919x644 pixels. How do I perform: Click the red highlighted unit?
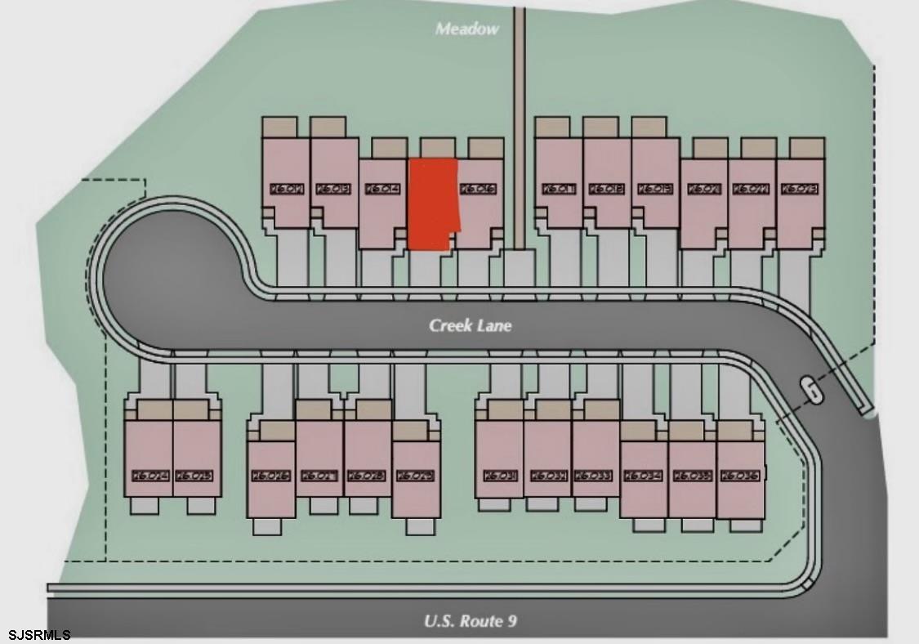coord(432,204)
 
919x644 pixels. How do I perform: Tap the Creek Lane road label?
coord(471,325)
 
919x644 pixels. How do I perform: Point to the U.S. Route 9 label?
coord(470,621)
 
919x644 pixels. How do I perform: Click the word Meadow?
coord(466,29)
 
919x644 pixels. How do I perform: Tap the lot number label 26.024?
coord(148,475)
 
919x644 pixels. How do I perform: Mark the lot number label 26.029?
coord(415,475)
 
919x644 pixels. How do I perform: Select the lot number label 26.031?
coord(498,475)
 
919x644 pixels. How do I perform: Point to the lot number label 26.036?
coord(740,475)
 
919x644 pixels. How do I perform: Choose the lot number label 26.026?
coord(270,475)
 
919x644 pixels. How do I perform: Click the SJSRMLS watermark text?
coord(39,635)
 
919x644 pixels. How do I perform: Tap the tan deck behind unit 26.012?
coord(279,127)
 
